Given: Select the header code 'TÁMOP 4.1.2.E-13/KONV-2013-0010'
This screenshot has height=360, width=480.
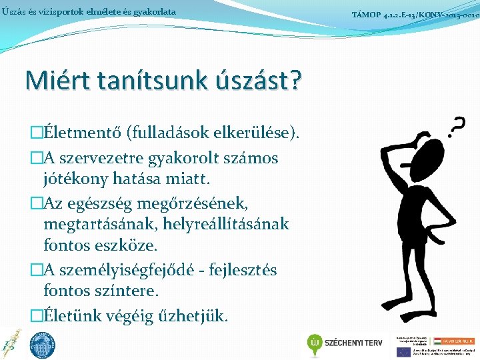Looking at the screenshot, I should point(415,13).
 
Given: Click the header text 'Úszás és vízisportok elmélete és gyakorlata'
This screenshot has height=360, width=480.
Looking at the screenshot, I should point(89,12).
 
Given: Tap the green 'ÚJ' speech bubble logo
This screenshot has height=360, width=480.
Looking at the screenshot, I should point(316,343).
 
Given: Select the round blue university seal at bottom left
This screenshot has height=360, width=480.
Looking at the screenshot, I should point(43,344).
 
